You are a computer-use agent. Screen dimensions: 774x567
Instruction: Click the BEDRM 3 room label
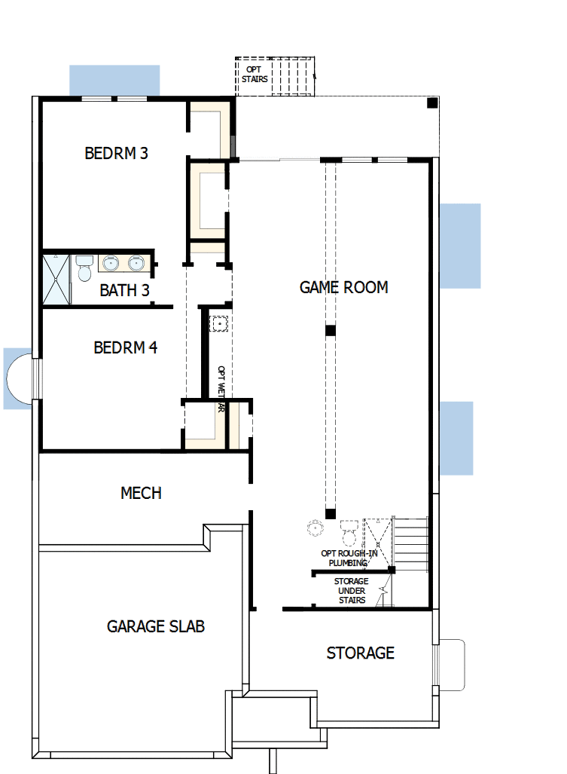[116, 153]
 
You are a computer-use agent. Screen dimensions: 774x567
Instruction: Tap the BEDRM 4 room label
[125, 347]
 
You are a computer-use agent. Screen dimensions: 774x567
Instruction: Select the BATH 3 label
[124, 290]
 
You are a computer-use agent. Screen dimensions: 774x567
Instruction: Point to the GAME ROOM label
[343, 287]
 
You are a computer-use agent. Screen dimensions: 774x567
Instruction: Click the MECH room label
[141, 493]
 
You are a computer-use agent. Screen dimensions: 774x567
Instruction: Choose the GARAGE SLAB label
[156, 626]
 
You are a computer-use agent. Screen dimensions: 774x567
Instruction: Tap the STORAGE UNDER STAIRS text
[351, 590]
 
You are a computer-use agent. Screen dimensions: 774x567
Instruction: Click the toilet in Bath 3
[84, 267]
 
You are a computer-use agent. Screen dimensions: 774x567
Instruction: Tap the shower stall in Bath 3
[56, 279]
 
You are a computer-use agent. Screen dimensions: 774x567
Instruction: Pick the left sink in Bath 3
[110, 263]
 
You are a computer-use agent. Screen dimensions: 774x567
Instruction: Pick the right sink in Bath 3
[136, 263]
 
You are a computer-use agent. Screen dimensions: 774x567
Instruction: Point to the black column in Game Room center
[330, 331]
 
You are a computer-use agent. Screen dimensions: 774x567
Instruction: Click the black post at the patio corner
[432, 103]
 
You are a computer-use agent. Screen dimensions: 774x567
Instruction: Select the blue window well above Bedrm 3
[114, 80]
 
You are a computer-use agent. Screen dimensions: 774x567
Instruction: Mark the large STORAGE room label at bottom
[360, 653]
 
